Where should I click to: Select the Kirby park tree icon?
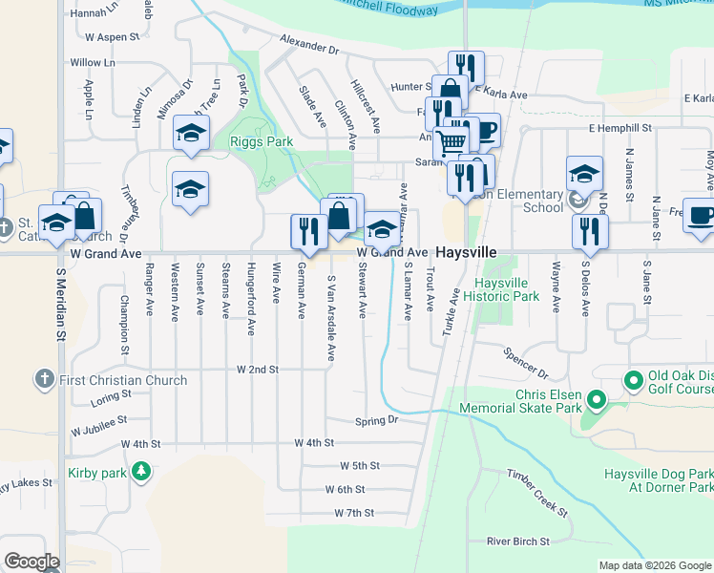(141, 470)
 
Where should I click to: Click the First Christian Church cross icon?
(43, 379)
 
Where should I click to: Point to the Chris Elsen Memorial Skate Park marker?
(597, 398)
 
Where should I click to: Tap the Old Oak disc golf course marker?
(633, 380)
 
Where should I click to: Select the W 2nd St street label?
(257, 369)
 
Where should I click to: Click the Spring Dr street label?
(375, 420)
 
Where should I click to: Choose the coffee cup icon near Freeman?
(703, 215)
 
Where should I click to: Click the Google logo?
(31, 562)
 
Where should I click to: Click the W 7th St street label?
(354, 513)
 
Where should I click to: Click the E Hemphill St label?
(619, 127)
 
